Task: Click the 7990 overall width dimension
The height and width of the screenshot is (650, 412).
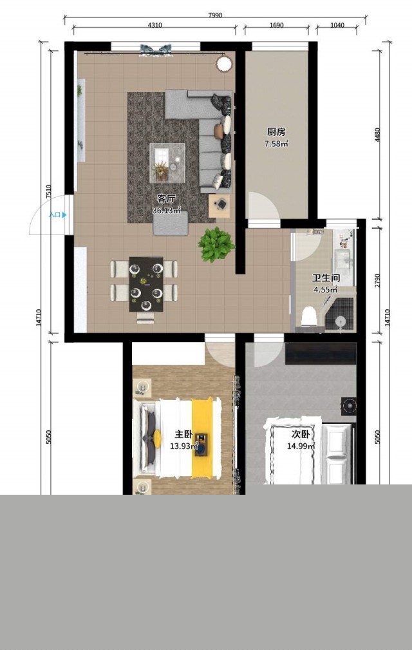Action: (215, 15)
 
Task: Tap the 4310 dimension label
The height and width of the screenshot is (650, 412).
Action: (155, 25)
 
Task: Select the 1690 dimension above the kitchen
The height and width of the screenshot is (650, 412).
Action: (277, 25)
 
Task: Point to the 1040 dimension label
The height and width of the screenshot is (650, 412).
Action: (337, 25)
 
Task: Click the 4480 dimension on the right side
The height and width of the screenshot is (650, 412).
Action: (377, 135)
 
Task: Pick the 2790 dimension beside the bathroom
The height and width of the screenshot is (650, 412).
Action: (377, 281)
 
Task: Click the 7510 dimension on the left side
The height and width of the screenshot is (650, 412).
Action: (48, 191)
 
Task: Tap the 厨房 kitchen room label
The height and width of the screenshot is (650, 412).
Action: (276, 132)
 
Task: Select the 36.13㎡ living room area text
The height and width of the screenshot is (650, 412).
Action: (167, 210)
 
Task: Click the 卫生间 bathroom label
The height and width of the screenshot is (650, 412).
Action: (326, 278)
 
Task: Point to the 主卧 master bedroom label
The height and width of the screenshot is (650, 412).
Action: (183, 434)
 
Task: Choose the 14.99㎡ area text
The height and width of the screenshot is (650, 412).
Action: (301, 446)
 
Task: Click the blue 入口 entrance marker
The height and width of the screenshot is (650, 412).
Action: (57, 215)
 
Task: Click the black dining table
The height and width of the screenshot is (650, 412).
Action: (145, 284)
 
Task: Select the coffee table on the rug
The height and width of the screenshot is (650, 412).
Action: (167, 163)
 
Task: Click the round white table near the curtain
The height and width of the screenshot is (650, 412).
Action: (224, 64)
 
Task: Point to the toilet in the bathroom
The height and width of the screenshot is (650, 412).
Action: (309, 316)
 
